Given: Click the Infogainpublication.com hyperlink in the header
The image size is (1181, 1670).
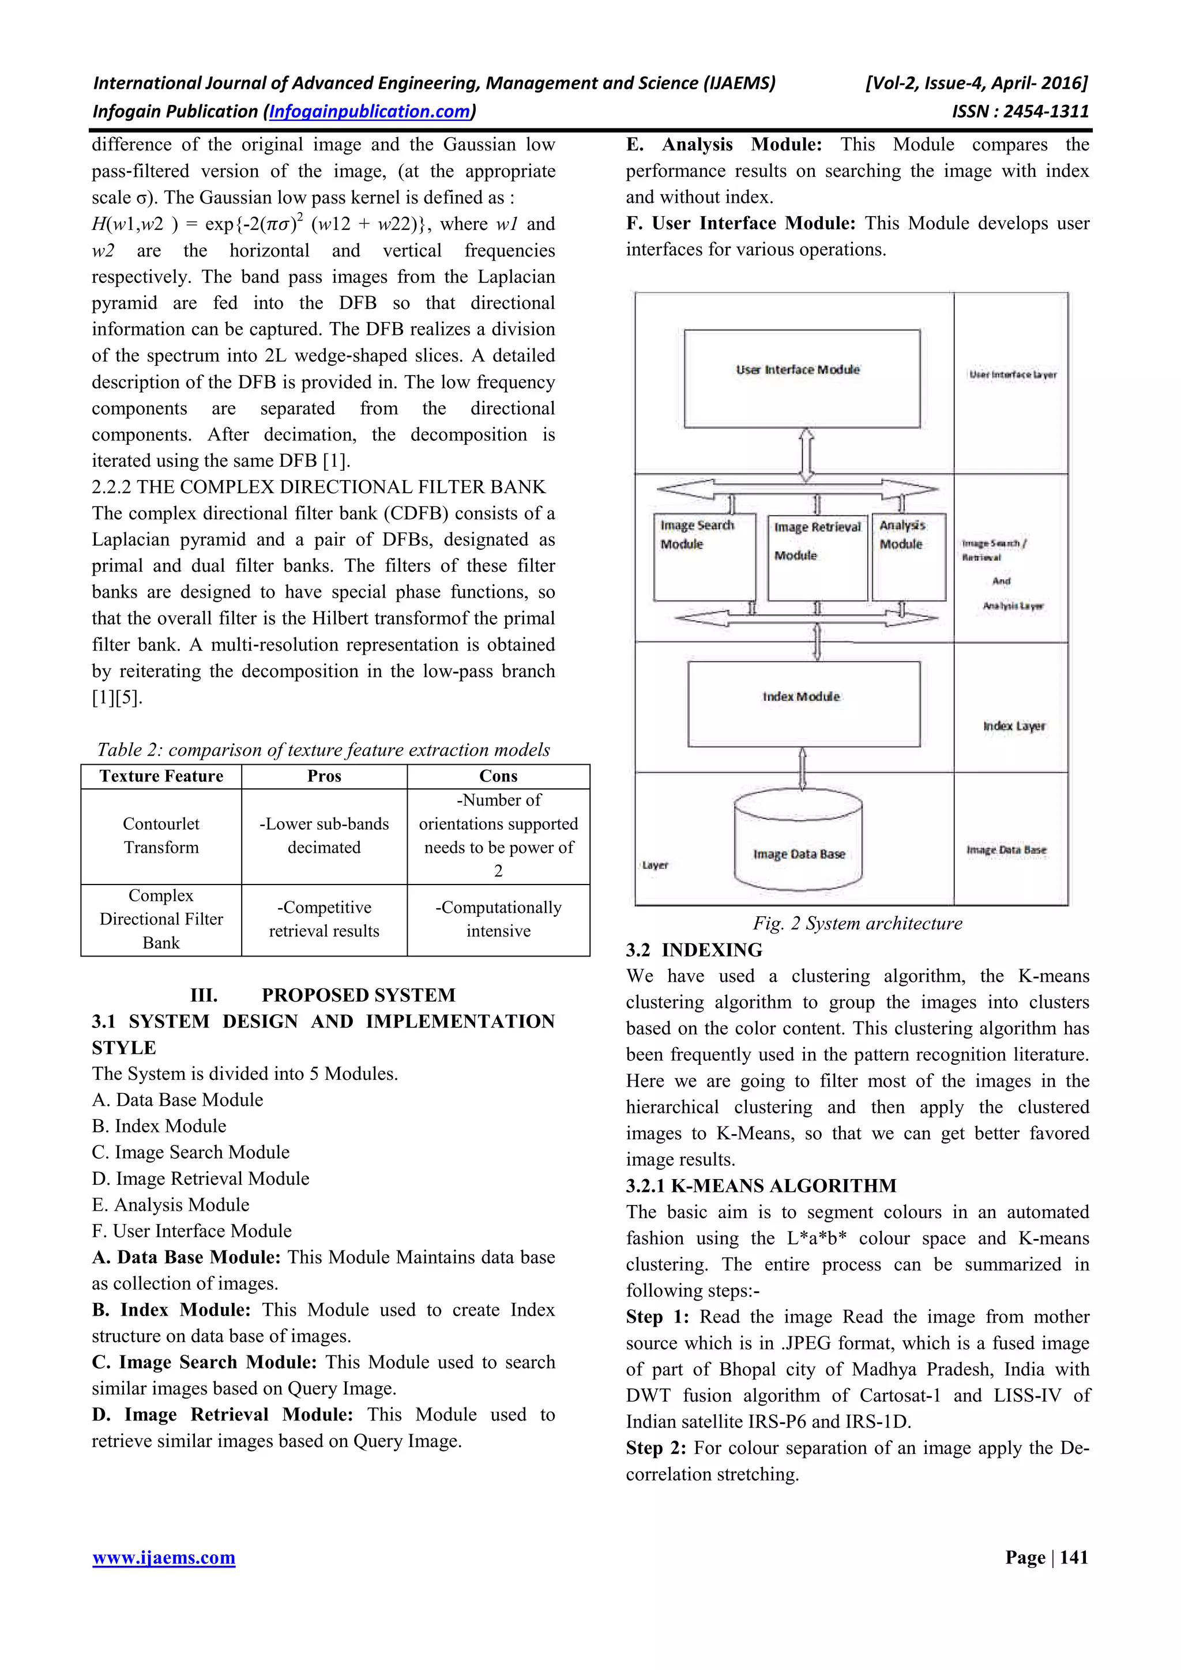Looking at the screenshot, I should tap(370, 111).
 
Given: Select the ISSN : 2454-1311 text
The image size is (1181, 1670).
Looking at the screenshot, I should tap(1020, 111).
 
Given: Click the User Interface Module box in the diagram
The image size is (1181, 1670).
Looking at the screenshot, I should tap(802, 378).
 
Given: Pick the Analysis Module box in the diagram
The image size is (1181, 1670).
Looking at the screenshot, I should tap(909, 557).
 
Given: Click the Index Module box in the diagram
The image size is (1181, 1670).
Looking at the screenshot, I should tap(803, 704).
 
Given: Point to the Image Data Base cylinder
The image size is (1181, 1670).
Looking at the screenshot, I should tap(798, 843).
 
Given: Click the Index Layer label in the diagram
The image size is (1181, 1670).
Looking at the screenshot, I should tap(1014, 726).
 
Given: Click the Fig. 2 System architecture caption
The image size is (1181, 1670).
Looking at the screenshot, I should tap(857, 923).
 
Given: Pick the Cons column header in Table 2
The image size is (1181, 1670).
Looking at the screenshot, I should tap(498, 776).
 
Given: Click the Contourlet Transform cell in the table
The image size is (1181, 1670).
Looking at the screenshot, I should tap(161, 836).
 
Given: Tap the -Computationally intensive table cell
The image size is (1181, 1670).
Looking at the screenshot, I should tap(498, 919).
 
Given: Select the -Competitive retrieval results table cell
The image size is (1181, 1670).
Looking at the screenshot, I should tap(324, 919).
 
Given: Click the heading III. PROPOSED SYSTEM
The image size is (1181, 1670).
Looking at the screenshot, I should tap(322, 995).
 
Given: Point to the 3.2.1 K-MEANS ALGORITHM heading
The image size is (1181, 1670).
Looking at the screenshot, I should tap(761, 1185).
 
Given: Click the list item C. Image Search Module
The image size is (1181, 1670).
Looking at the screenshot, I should tap(191, 1152).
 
